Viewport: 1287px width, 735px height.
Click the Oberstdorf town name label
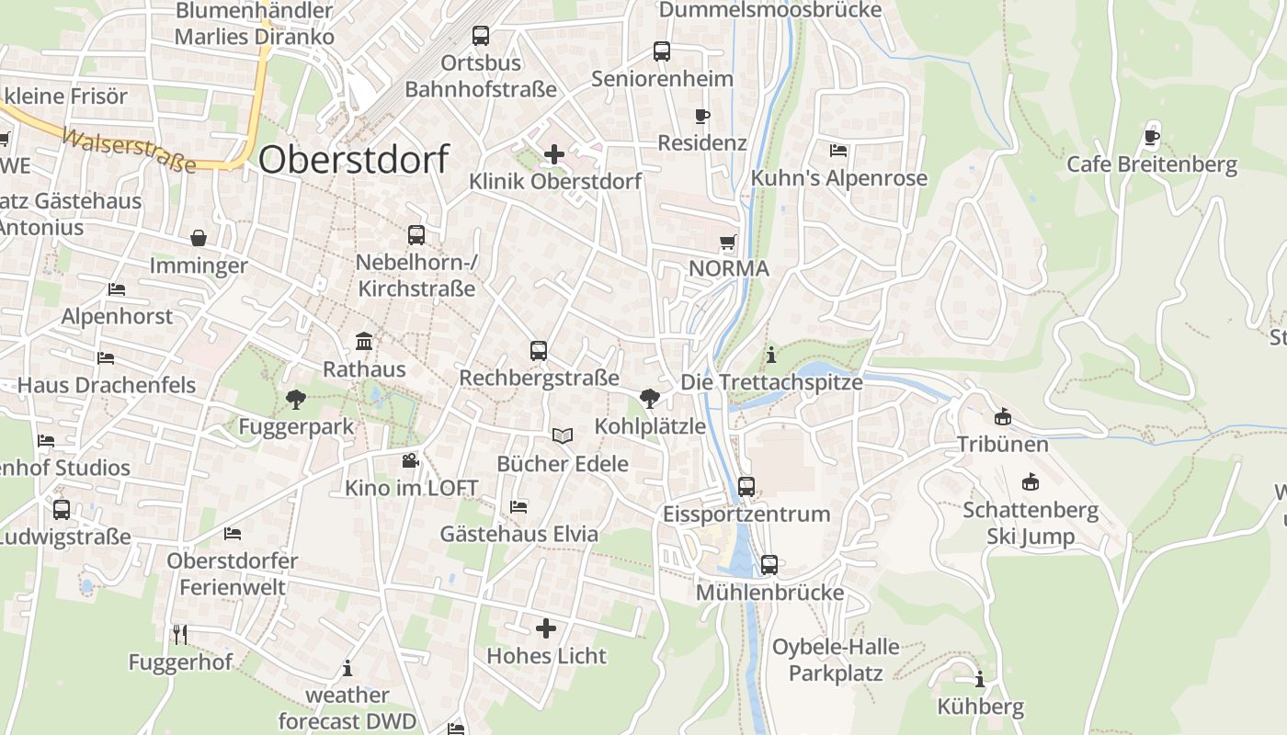353,159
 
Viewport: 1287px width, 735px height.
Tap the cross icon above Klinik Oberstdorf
554,154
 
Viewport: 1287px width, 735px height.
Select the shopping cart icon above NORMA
728,243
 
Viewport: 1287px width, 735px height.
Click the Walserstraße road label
129,151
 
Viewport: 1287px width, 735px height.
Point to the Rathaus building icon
364,342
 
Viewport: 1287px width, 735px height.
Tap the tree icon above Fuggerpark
295,400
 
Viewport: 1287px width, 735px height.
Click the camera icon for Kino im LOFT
410,460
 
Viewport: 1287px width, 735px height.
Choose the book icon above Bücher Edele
563,435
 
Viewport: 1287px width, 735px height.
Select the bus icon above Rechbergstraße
539,350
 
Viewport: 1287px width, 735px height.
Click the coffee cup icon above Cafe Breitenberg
1152,138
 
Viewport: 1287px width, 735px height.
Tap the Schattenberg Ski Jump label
1031,523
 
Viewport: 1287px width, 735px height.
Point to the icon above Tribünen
1002,417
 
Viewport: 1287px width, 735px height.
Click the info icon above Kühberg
980,680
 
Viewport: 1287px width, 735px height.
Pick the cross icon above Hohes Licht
546,628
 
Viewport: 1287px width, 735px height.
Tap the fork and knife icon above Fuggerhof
180,634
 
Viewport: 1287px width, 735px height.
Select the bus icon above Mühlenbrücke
769,564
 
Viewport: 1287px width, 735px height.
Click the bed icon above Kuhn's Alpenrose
838,150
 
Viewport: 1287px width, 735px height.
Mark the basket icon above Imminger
199,239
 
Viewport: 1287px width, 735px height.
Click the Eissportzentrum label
746,514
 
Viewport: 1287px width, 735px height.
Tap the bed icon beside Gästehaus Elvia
518,506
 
